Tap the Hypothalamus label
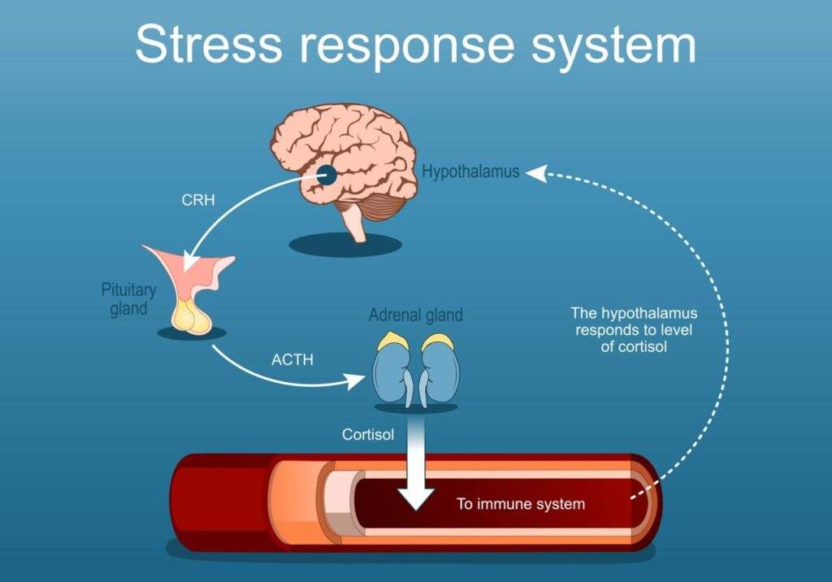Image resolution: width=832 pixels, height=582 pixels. click(470, 172)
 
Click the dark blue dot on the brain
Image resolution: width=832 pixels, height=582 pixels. click(326, 174)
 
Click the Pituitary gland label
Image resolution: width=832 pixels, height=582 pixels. click(128, 299)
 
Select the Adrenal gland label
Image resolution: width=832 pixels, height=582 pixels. click(415, 315)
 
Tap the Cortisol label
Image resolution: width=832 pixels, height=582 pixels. click(368, 435)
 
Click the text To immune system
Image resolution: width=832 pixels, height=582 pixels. click(520, 504)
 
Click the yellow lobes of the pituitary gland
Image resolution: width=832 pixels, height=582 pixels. click(194, 317)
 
